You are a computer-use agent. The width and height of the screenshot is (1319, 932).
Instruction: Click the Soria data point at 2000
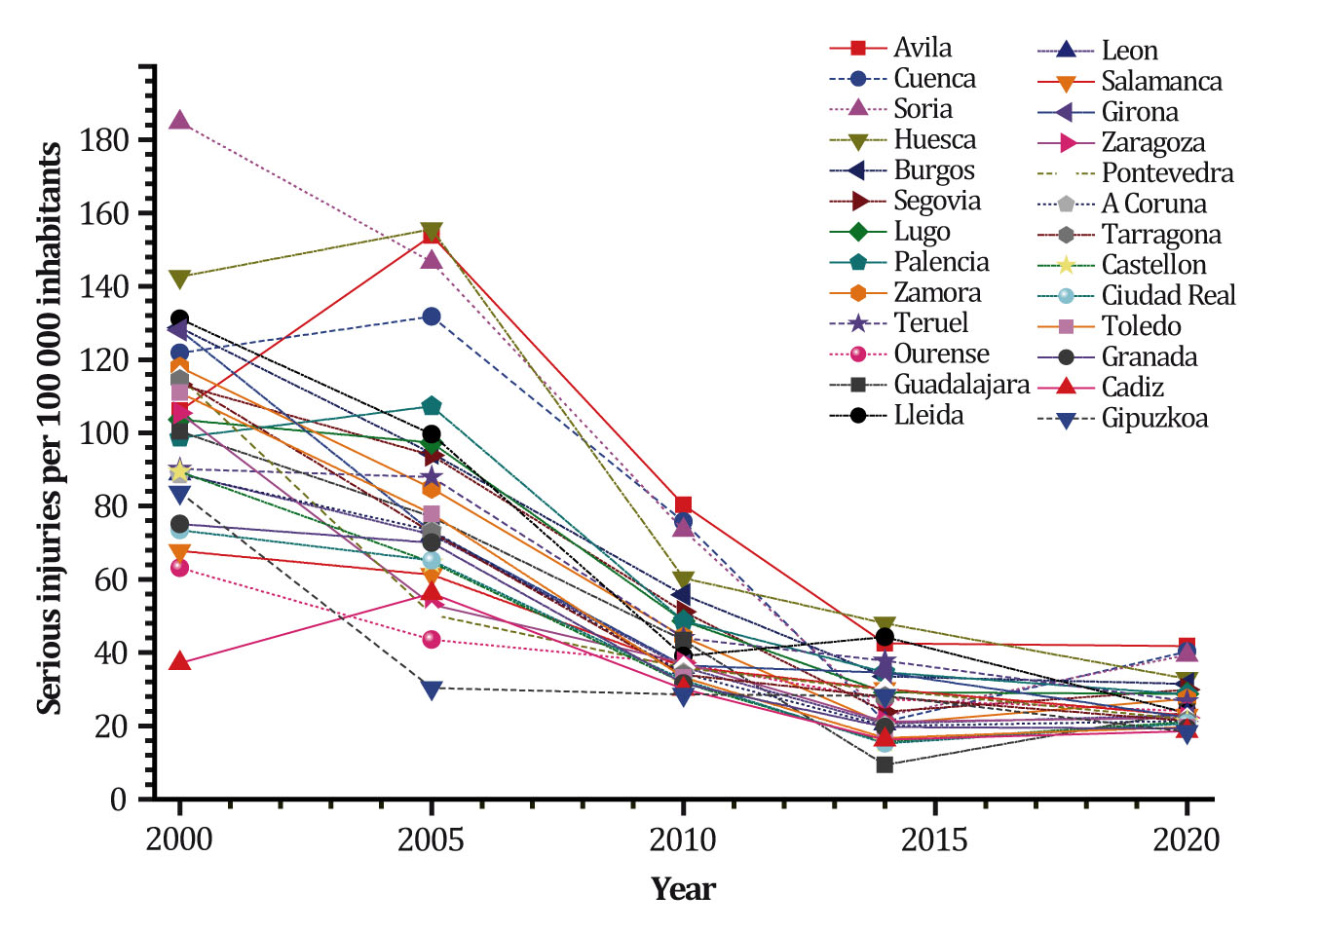click(179, 121)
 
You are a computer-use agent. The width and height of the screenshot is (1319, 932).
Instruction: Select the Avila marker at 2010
click(683, 504)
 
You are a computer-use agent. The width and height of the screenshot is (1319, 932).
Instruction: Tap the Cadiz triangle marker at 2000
click(179, 661)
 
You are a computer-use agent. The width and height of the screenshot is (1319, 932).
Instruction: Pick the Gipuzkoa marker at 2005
click(432, 689)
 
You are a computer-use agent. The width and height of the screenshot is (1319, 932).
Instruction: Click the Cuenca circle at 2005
click(432, 317)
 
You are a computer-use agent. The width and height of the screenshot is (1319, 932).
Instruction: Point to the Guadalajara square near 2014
click(885, 764)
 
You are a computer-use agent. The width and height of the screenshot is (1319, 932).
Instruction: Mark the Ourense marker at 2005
click(432, 639)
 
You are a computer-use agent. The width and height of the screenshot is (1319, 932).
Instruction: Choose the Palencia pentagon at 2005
click(432, 405)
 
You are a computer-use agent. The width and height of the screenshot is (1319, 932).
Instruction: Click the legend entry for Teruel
click(930, 323)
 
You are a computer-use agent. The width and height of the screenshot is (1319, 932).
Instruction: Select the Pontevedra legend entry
click(1167, 173)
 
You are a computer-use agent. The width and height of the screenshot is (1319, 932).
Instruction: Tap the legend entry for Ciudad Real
click(1168, 295)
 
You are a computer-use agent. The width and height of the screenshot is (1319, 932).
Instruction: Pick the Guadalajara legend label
click(961, 385)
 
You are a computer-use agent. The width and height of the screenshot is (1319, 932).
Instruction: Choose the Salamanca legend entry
click(1161, 82)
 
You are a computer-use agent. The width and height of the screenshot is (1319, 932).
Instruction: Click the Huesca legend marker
click(858, 140)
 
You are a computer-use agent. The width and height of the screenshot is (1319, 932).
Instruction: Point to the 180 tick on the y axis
click(104, 140)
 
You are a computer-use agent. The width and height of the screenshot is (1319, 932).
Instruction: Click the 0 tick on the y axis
click(118, 800)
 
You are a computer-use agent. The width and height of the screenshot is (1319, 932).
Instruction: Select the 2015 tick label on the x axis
click(934, 839)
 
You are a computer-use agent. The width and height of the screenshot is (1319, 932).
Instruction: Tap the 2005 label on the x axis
click(432, 839)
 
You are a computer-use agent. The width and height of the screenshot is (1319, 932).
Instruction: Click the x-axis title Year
click(683, 888)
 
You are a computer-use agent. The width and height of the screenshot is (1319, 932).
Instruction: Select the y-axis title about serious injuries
click(50, 429)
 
